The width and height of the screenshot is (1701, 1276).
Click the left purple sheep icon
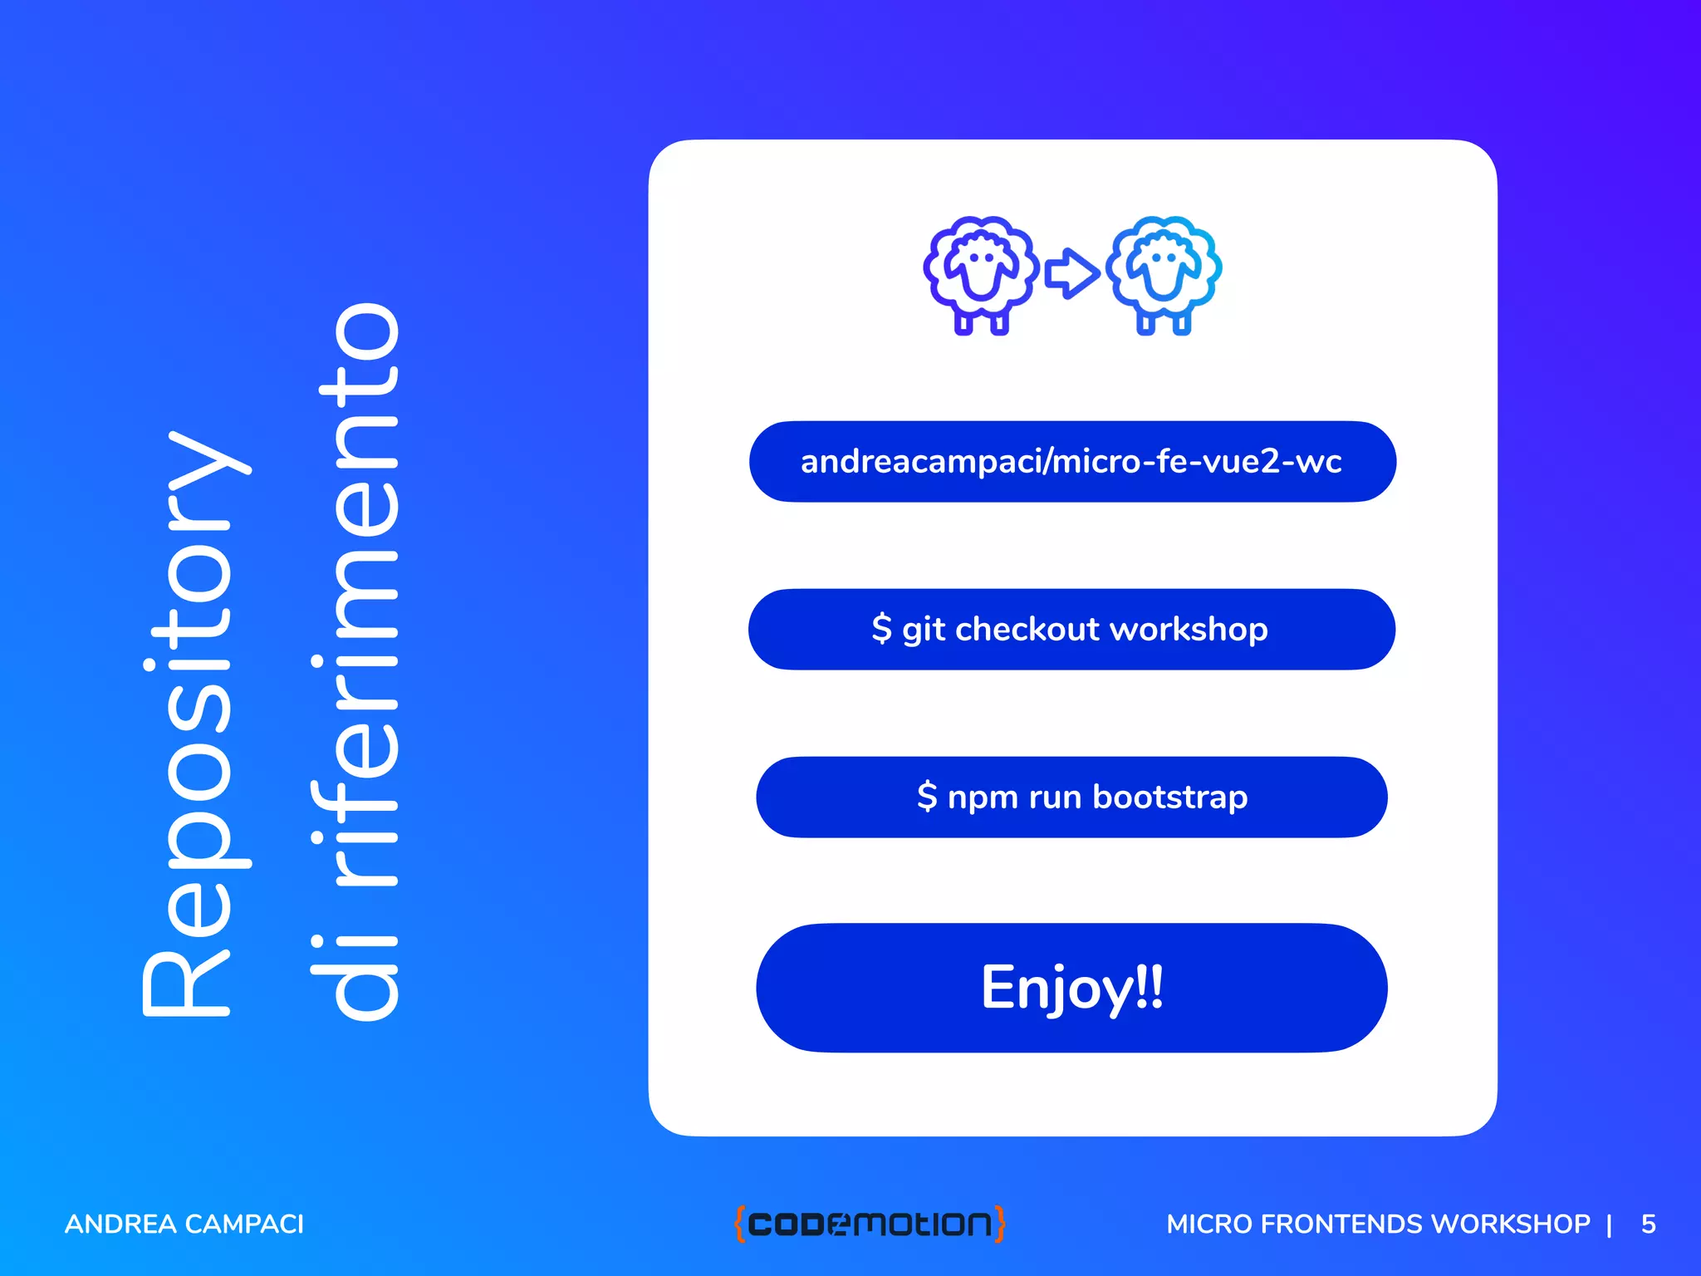click(981, 274)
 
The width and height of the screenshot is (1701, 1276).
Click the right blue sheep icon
click(1164, 274)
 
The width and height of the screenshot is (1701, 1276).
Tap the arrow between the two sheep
click(1071, 272)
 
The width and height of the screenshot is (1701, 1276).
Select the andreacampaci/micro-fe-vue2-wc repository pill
click(1071, 462)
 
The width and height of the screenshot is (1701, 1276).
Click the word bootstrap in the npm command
click(1169, 797)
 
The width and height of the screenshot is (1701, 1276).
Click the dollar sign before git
click(881, 629)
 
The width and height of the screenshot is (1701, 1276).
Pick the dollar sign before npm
click(927, 797)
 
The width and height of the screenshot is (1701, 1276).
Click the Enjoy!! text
click(1071, 988)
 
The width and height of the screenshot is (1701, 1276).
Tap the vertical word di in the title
click(357, 972)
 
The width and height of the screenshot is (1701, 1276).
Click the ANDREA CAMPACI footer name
click(184, 1224)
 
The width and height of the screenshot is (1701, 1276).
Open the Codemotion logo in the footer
click(870, 1224)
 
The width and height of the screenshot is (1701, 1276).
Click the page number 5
click(1648, 1224)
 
